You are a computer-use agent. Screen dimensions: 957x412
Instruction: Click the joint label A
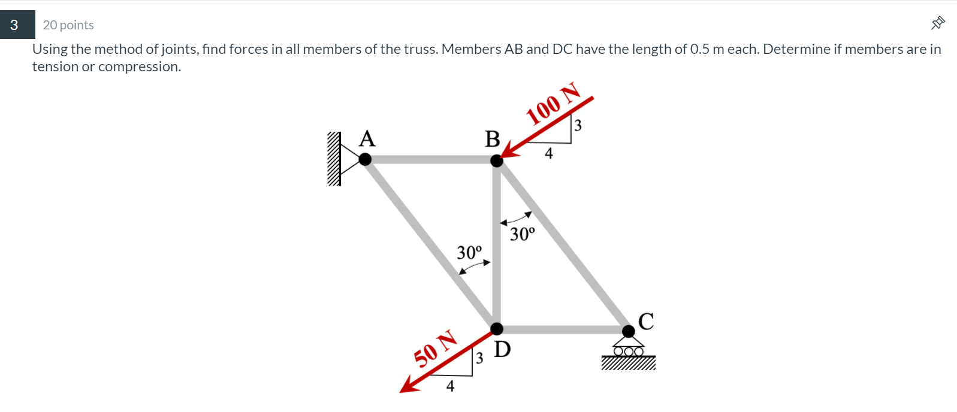pos(367,139)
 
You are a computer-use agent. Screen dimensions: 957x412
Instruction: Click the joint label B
pos(493,139)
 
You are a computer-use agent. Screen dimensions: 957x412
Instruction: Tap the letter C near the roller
pos(646,322)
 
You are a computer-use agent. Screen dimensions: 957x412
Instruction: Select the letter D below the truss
pos(502,349)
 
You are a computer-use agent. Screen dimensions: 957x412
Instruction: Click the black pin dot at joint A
pos(365,159)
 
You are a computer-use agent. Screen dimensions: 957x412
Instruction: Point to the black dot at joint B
pos(497,160)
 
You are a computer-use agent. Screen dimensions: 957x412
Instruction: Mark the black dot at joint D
pos(497,328)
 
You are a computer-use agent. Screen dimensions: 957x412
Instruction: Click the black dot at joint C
pos(629,331)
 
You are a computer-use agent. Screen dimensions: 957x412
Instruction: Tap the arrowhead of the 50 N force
pos(407,387)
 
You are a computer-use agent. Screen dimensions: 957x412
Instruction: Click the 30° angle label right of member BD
pos(523,234)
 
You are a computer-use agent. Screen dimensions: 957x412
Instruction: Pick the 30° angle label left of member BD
pos(469,252)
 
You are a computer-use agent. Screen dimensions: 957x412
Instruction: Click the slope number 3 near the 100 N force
pos(578,125)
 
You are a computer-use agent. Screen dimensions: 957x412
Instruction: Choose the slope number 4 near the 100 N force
pos(548,154)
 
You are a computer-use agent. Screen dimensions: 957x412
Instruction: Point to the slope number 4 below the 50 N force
pos(450,386)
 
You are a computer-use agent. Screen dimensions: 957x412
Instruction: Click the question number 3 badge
pos(14,25)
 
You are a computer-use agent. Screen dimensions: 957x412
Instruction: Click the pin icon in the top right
pos(938,23)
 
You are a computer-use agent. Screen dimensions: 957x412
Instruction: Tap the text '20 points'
pos(68,25)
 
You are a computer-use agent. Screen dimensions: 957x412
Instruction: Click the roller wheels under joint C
pos(628,352)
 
